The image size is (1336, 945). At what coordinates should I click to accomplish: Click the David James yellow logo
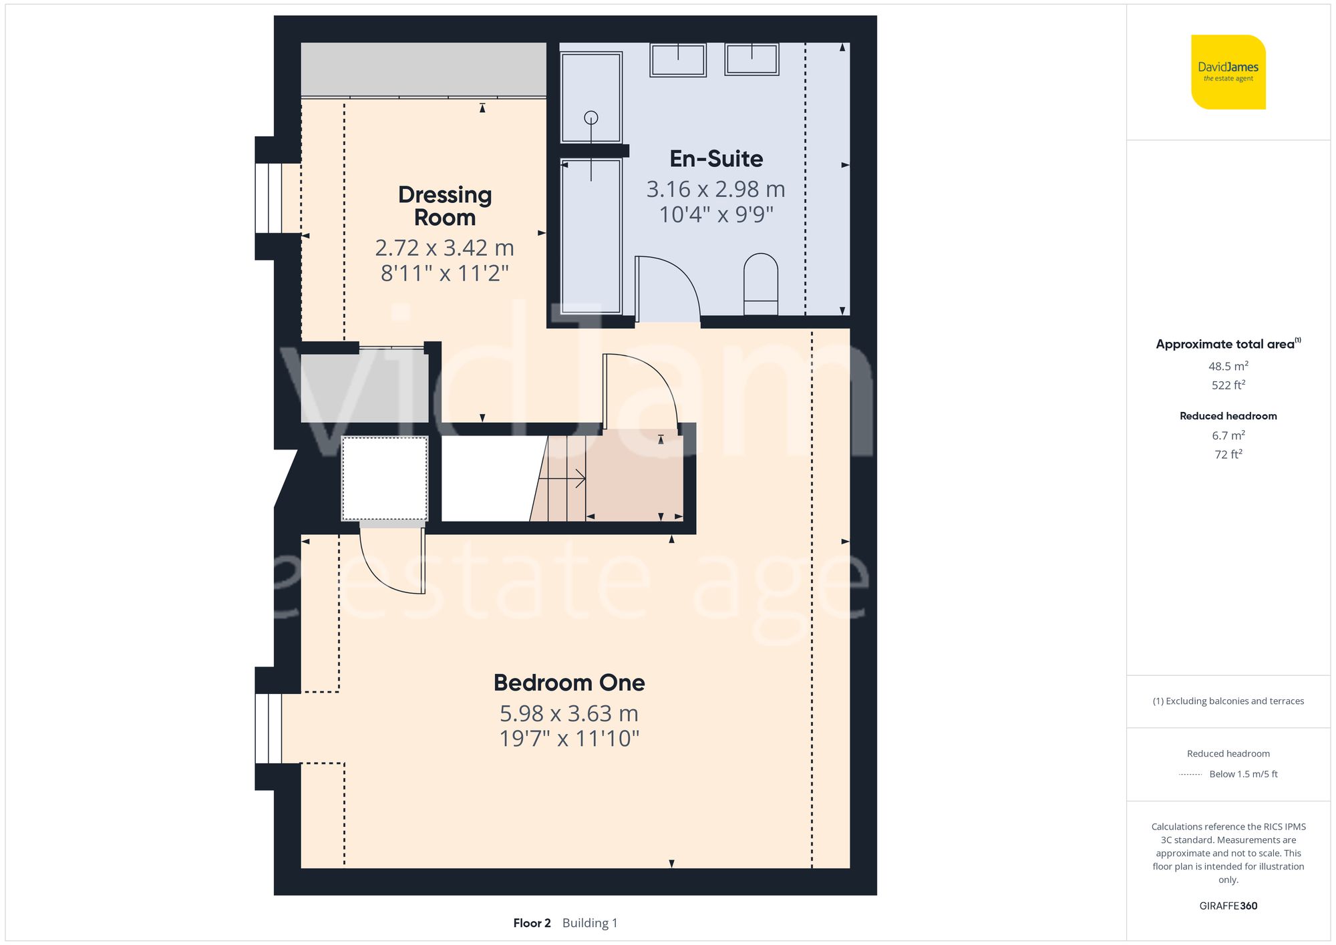(x=1228, y=72)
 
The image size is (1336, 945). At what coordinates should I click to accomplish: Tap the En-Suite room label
(x=716, y=159)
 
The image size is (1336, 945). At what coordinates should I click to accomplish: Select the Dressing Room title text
(x=445, y=206)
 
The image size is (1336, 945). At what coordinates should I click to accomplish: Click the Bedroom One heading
(x=569, y=683)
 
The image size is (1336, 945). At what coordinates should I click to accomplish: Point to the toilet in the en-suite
(x=761, y=284)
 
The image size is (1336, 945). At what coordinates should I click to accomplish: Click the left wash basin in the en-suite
(x=678, y=60)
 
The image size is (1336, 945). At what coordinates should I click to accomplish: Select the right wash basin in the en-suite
(x=752, y=59)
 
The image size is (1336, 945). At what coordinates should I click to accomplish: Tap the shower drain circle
(x=591, y=118)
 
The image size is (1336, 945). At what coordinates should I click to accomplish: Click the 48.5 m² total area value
(x=1228, y=366)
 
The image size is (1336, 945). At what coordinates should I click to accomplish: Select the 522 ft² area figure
(x=1228, y=385)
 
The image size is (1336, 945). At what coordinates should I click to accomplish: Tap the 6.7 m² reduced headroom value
(x=1228, y=435)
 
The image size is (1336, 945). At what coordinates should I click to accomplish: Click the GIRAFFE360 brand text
(x=1228, y=906)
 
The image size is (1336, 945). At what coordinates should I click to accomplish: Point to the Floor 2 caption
(x=532, y=923)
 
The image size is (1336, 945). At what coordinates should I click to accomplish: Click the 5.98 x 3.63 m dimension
(x=569, y=713)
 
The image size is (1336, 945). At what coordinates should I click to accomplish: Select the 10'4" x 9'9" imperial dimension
(x=716, y=214)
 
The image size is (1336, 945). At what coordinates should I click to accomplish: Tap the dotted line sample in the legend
(x=1190, y=775)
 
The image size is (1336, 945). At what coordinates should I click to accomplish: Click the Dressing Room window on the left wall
(x=269, y=198)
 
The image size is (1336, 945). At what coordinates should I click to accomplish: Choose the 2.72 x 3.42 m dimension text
(x=445, y=248)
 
